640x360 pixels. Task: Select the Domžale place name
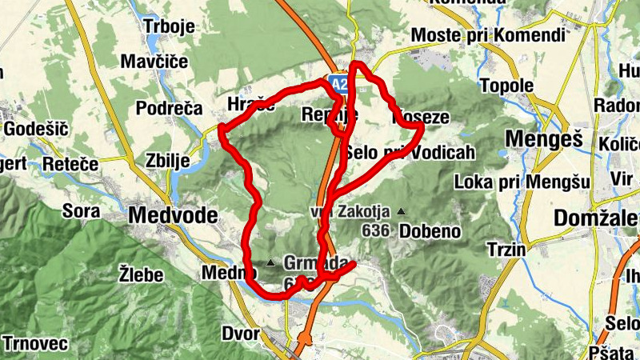(x=595, y=218)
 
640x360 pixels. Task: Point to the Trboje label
(x=169, y=26)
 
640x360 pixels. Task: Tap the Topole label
(x=506, y=85)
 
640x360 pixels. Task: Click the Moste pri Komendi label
(x=487, y=36)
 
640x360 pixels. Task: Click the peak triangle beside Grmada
(x=270, y=262)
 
